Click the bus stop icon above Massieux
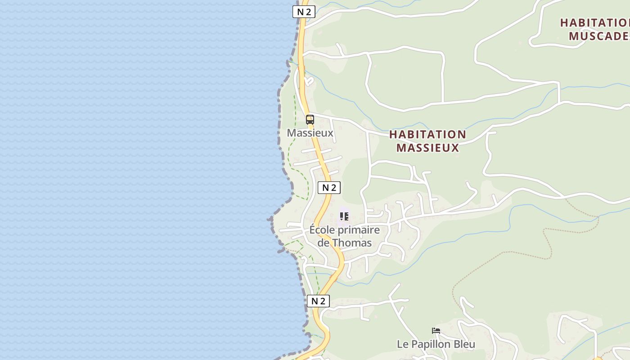pos(310,120)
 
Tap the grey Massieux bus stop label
pos(310,133)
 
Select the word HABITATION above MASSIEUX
pos(427,135)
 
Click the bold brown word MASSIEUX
pos(427,148)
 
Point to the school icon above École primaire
pos(344,216)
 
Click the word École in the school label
pos(322,230)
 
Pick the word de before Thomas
pos(324,243)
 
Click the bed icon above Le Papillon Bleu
pos(436,331)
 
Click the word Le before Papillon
pos(402,344)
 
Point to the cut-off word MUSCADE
pos(598,36)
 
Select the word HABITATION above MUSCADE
pos(594,22)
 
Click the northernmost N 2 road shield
pos(304,12)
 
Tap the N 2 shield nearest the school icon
pos(329,188)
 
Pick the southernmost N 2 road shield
pos(318,301)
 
